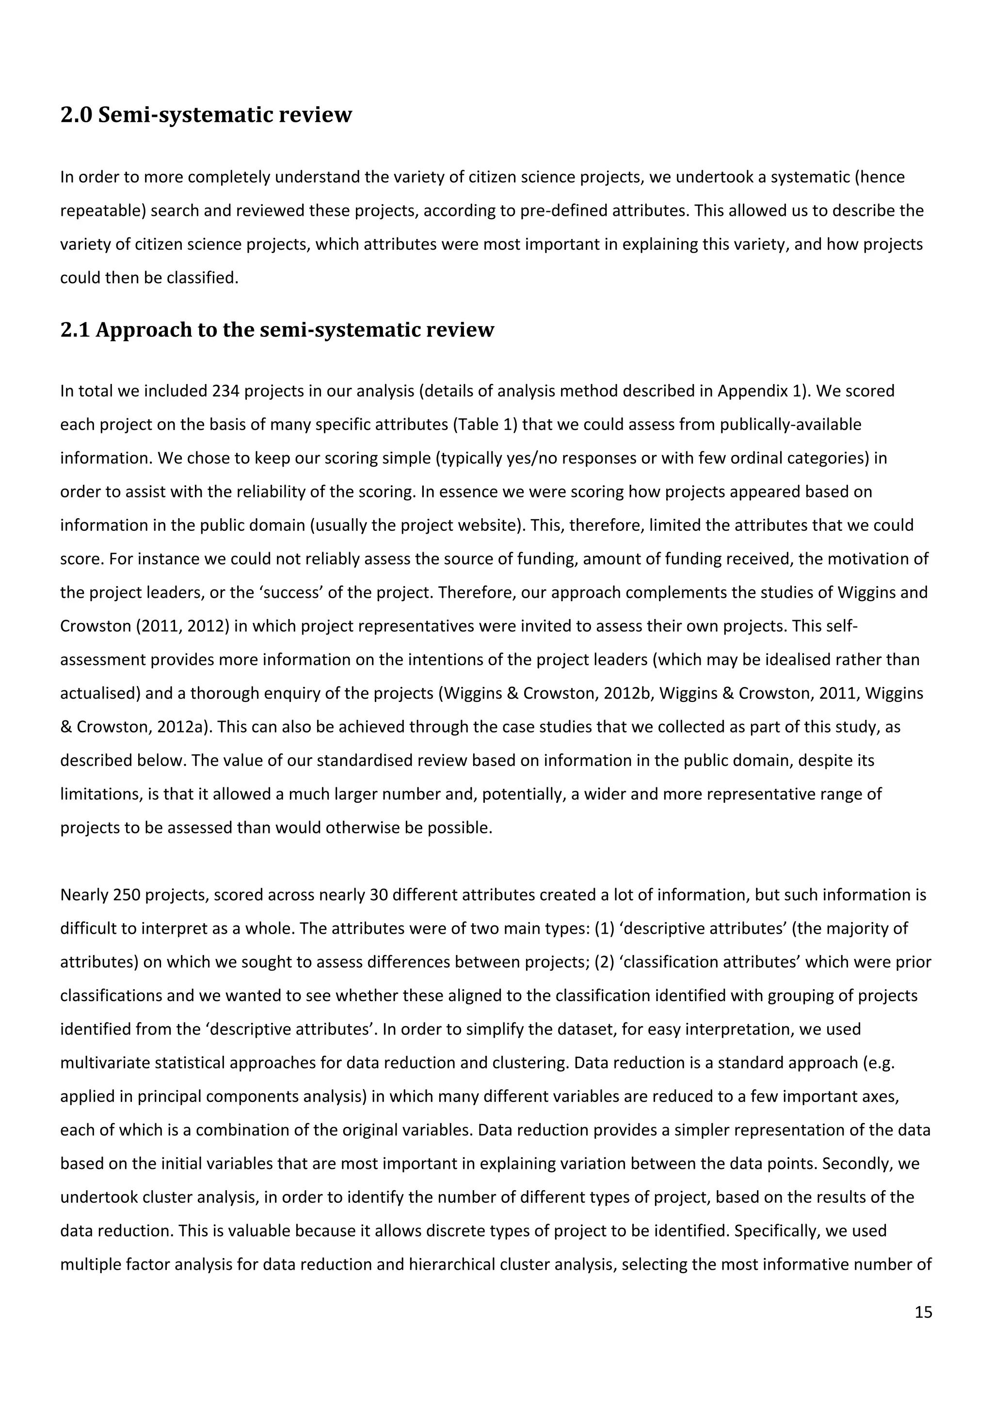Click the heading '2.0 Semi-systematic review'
click(206, 115)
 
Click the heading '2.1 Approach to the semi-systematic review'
click(276, 330)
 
